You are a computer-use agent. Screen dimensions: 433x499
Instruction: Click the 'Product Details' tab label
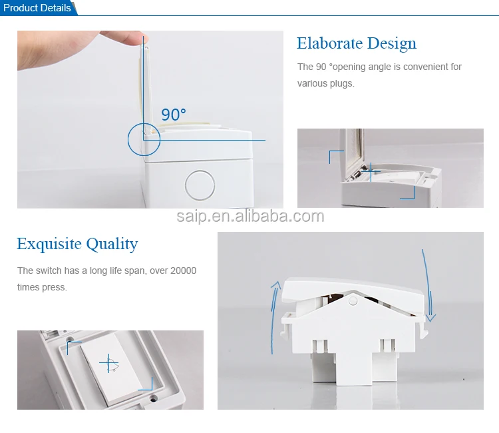[37, 8]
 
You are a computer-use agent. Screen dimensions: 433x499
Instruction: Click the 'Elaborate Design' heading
[357, 44]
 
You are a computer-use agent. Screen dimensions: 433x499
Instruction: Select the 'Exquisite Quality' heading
[77, 244]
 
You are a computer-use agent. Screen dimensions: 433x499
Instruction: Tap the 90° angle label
[174, 115]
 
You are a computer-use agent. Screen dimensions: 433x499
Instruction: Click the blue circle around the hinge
[144, 140]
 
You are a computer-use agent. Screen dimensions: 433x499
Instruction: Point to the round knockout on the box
[198, 185]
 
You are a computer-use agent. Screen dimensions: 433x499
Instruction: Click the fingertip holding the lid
[136, 39]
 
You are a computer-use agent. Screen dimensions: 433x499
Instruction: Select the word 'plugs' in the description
[341, 83]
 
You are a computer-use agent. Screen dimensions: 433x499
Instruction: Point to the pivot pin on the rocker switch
[353, 301]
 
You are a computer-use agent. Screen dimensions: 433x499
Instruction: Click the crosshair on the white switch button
[108, 364]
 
